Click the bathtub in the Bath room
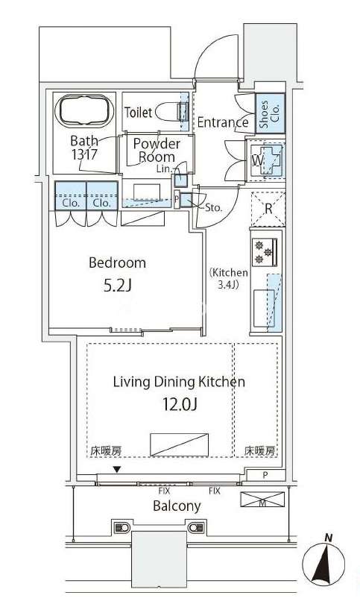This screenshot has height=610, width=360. [84, 111]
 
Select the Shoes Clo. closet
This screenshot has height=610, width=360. [270, 114]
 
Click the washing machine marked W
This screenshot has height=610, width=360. [265, 160]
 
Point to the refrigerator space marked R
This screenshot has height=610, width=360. [268, 209]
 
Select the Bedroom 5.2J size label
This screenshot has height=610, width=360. [118, 286]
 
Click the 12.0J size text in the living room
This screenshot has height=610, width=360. [180, 405]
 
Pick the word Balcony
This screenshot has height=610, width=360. [177, 506]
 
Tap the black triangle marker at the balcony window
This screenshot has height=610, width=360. [116, 470]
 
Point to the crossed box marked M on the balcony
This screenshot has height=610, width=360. [262, 500]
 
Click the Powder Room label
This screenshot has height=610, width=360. [157, 150]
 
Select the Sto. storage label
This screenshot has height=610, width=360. [213, 207]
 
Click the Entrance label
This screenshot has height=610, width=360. [223, 122]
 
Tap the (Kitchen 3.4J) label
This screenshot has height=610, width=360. [229, 279]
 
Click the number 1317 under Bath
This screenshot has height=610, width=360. [84, 155]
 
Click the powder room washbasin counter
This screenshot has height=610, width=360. [147, 193]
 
